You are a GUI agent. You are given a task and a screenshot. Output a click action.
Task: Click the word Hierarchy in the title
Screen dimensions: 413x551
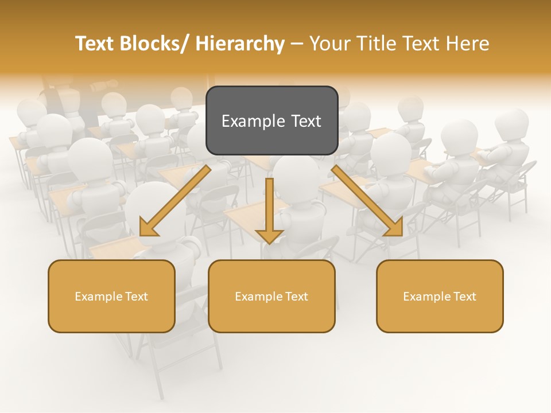click(x=240, y=44)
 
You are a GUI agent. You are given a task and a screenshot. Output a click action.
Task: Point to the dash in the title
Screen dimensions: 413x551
click(x=297, y=45)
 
